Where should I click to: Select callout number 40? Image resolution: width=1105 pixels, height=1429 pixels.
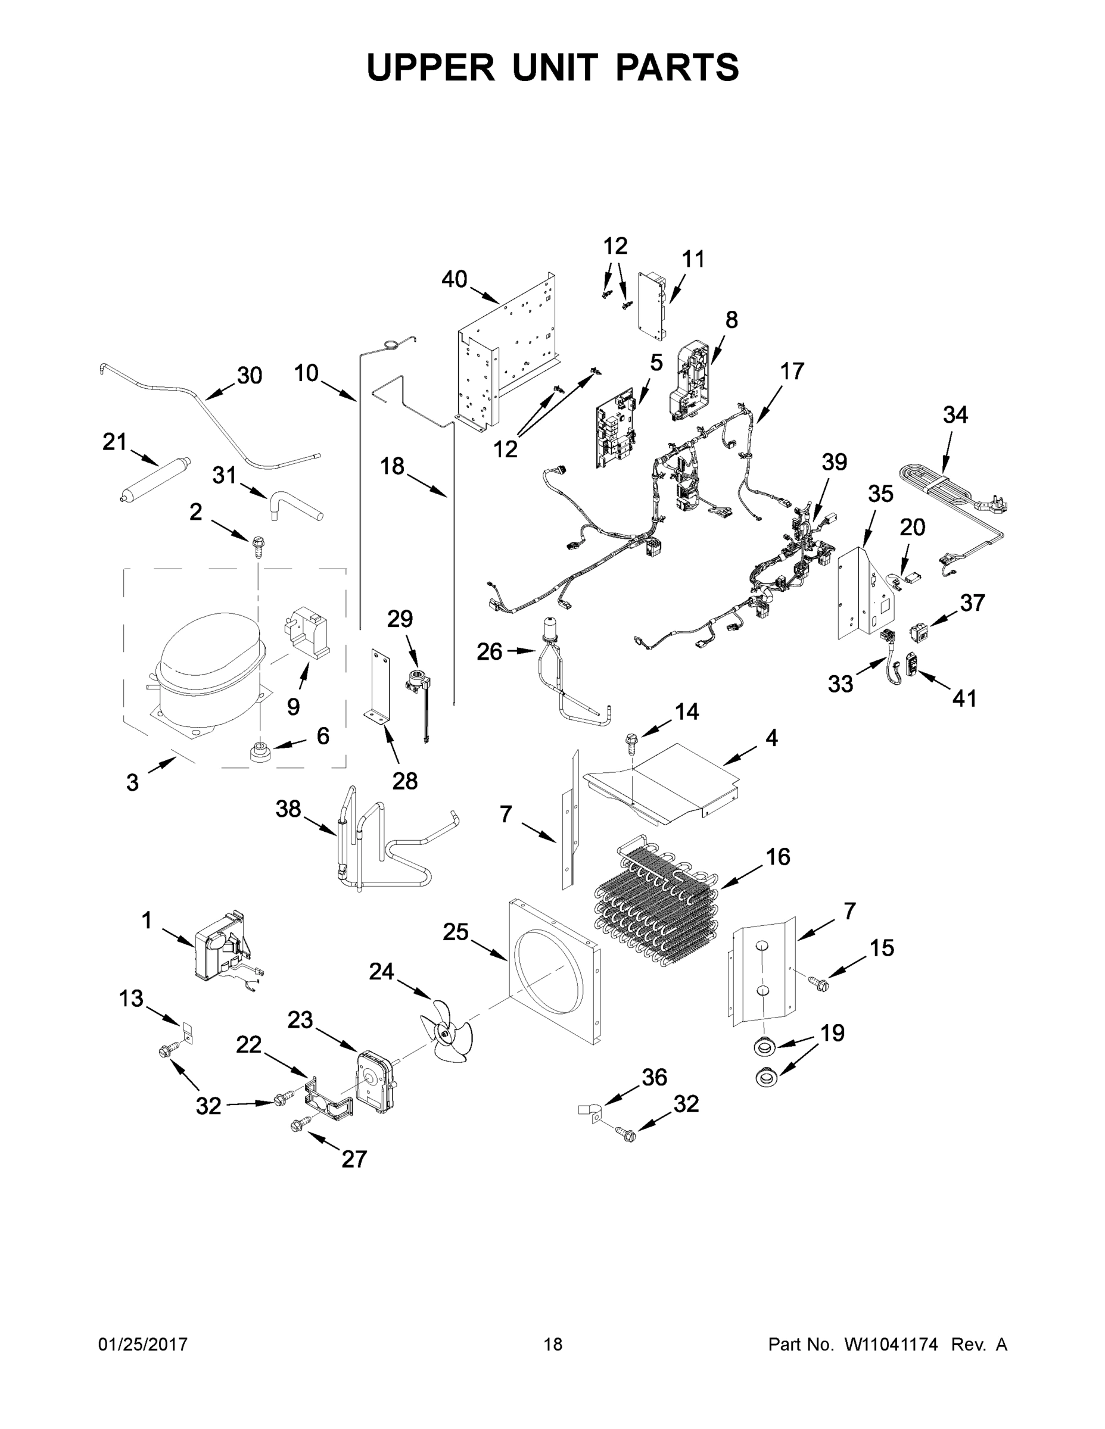point(454,279)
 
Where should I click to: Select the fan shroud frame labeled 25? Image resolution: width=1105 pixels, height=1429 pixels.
point(553,972)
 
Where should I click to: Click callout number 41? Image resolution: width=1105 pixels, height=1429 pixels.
point(964,698)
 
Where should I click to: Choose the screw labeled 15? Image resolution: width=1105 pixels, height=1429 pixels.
point(818,984)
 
